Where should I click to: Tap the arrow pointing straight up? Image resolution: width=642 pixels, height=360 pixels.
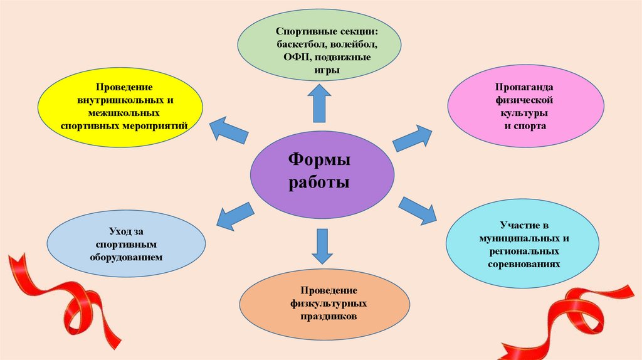point(320,103)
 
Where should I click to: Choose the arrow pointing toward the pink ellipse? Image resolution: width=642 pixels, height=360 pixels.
point(413,137)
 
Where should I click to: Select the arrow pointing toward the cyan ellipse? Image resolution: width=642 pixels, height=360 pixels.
point(418,209)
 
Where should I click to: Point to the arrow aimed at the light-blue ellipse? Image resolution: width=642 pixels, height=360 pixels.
point(234,216)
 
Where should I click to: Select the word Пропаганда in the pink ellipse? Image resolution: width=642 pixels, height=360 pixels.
point(525,87)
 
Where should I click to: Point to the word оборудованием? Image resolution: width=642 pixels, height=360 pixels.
point(126,257)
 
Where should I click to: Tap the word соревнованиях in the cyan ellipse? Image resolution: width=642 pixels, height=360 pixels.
point(525,265)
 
